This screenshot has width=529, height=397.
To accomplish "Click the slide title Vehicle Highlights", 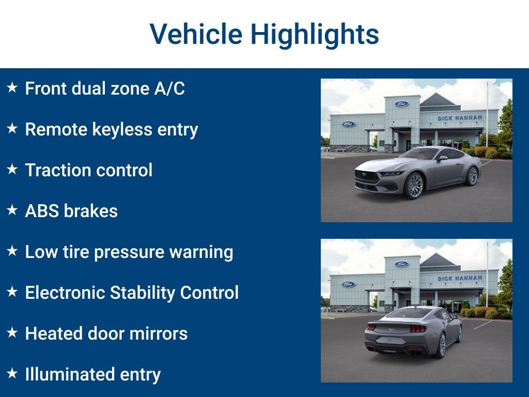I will (x=264, y=34).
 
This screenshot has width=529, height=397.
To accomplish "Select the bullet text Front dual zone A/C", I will (x=105, y=88).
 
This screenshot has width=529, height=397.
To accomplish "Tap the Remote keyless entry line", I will (x=112, y=129).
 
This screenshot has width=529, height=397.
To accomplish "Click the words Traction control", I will (x=89, y=170).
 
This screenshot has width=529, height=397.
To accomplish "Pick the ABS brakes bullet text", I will (x=71, y=211).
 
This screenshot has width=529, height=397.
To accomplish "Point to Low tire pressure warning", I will (x=129, y=252).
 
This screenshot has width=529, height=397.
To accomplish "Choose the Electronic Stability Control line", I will (x=132, y=293).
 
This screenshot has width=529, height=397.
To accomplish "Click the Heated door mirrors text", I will (x=106, y=333).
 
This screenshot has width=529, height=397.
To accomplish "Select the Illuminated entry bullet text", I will (x=93, y=374).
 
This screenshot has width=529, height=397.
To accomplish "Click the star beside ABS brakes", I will (x=12, y=210).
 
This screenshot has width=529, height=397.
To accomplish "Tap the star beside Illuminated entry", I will (x=12, y=373).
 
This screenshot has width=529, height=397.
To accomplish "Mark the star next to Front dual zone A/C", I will (x=12, y=87).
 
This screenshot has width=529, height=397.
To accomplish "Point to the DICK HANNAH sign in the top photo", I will (x=460, y=118).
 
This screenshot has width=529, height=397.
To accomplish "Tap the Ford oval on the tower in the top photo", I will (x=401, y=104).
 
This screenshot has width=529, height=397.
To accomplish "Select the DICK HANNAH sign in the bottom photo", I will (x=460, y=278).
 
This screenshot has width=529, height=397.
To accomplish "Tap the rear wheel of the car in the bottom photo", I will (x=441, y=345).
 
